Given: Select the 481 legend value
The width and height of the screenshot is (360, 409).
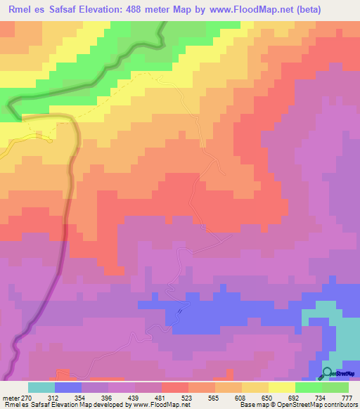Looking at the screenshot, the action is pyautogui.click(x=161, y=398).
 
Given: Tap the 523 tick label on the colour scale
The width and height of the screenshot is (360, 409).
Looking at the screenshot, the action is pyautogui.click(x=188, y=398).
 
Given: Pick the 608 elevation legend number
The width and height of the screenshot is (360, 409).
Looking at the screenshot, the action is pyautogui.click(x=241, y=398).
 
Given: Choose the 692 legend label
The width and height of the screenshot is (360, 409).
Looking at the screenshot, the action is pyautogui.click(x=295, y=398).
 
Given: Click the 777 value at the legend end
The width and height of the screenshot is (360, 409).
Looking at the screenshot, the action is pyautogui.click(x=346, y=398).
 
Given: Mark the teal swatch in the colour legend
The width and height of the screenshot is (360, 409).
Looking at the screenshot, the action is pyautogui.click(x=41, y=387).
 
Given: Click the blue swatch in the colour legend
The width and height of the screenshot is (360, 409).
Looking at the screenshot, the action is pyautogui.click(x=67, y=387).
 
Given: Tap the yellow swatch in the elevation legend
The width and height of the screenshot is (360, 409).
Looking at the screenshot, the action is pyautogui.click(x=281, y=387).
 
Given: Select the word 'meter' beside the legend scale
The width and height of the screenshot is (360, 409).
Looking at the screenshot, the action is pyautogui.click(x=11, y=398).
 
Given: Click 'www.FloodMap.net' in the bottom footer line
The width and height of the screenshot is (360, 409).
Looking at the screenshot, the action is pyautogui.click(x=152, y=405).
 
